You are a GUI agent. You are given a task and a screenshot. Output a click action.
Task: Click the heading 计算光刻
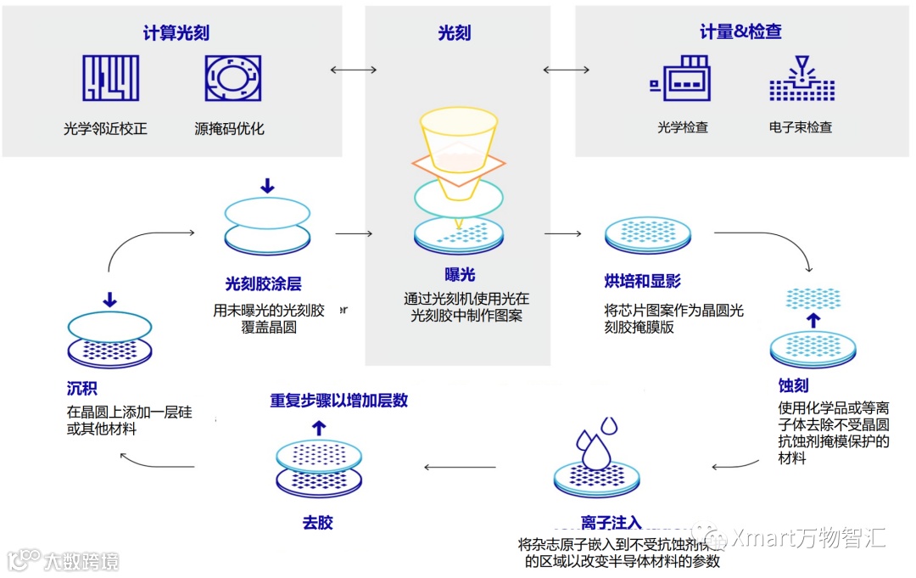pos(176,34)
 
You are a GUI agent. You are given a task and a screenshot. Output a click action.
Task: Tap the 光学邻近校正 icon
pos(110,78)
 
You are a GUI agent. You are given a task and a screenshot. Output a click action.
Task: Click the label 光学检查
pos(682,127)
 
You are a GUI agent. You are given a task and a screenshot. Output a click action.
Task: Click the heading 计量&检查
pos(740,32)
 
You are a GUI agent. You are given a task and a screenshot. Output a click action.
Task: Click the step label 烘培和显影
pos(642,281)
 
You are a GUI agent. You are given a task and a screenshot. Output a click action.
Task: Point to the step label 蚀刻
pos(793,385)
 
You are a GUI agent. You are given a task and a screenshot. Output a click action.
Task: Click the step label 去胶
pos(317,523)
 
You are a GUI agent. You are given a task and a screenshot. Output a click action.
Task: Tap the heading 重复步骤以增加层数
pos(339,400)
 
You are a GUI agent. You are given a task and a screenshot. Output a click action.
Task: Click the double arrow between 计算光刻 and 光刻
pos(353,69)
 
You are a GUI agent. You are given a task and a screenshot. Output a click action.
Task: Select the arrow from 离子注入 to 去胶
pos(454,466)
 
